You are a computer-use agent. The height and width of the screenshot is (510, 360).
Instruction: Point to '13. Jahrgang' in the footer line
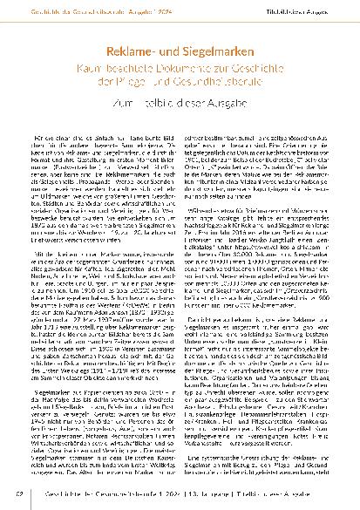(214, 496)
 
